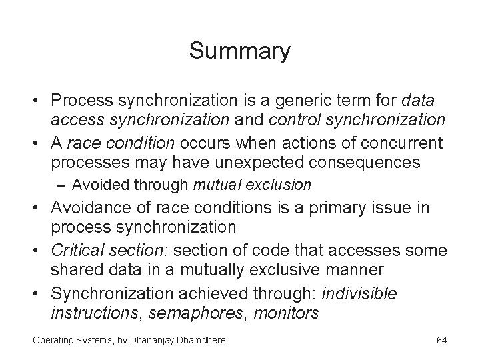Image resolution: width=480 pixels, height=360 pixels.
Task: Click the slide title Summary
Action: pos(239,51)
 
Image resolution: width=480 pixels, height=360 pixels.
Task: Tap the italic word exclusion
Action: pos(283,184)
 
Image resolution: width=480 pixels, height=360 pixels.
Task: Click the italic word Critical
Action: pos(79,251)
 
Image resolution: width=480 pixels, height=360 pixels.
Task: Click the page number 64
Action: pos(441,340)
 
